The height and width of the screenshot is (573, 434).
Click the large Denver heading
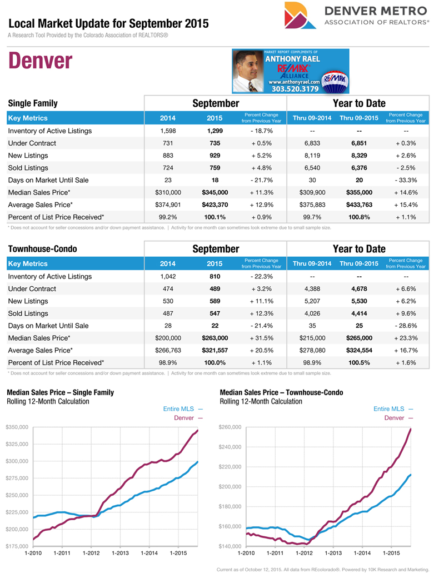[x=40, y=61]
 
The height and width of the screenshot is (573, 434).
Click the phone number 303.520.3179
[x=295, y=88]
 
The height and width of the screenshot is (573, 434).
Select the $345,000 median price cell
[x=214, y=192]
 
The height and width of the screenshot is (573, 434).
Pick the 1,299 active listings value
[x=214, y=131]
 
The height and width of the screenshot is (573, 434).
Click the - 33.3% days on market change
[x=406, y=180]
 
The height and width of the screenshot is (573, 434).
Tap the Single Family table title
[x=33, y=103]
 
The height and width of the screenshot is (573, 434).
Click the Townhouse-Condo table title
[x=42, y=249]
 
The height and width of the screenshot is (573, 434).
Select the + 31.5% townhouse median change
[x=261, y=338]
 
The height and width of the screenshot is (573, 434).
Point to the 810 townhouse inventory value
[x=214, y=277]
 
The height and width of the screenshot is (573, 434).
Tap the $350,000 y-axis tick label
[x=18, y=427]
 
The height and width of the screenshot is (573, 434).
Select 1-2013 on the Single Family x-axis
[x=121, y=553]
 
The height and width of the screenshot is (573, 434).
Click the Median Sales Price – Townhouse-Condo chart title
[x=281, y=392]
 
